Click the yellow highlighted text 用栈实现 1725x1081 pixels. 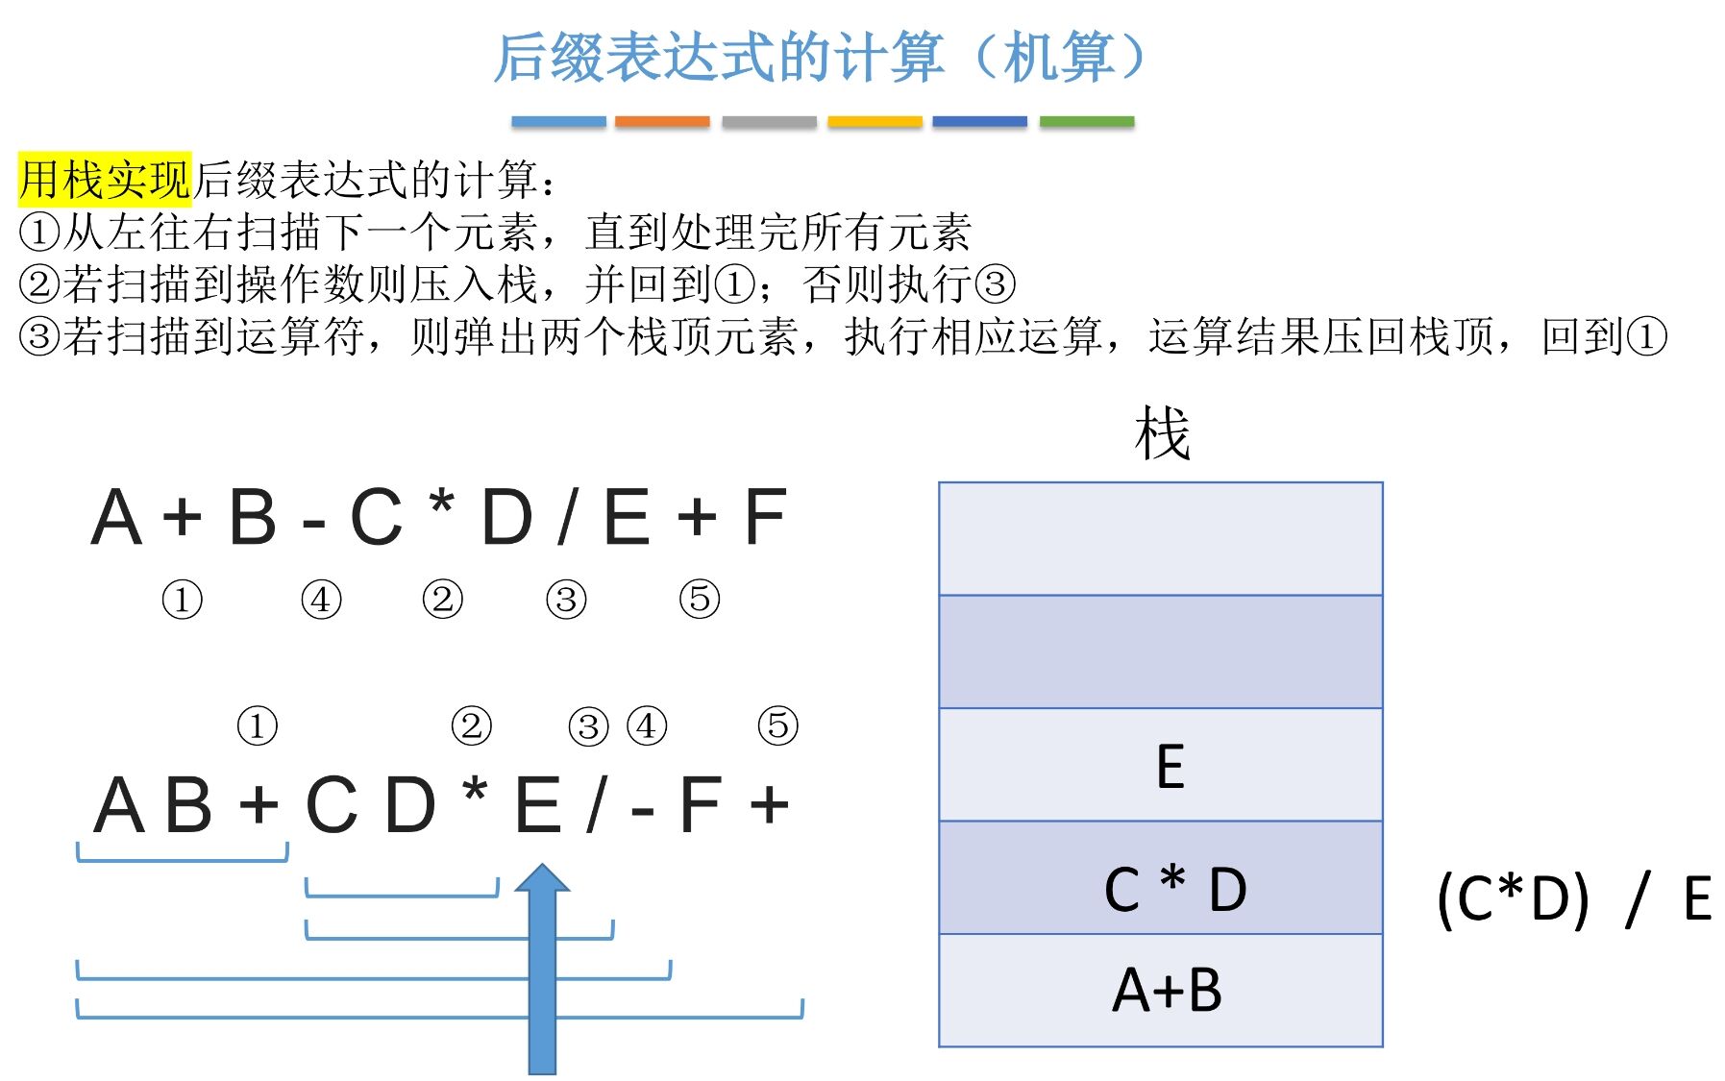(105, 179)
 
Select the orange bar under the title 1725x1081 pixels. (662, 122)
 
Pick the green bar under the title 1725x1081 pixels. (1086, 122)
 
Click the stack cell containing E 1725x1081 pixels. (1160, 765)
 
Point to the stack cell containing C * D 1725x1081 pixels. (1160, 878)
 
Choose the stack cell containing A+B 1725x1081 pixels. (1160, 991)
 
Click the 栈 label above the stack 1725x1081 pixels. (1162, 433)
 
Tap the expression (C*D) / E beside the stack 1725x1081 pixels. (1573, 899)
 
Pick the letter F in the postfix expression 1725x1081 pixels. (700, 805)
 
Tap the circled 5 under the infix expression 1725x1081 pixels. (700, 599)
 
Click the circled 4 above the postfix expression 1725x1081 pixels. (647, 725)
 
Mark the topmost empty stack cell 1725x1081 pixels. (1160, 539)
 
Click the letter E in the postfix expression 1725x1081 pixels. (538, 805)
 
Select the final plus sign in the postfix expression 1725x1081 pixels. (770, 805)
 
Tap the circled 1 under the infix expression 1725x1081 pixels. (182, 600)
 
